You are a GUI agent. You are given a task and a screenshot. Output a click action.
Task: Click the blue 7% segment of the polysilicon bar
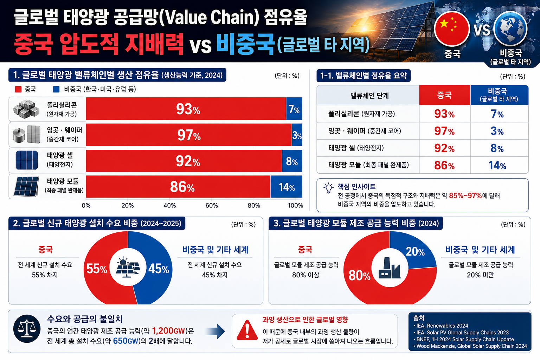click(x=294, y=109)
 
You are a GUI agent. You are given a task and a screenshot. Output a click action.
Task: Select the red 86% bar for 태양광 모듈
click(x=178, y=187)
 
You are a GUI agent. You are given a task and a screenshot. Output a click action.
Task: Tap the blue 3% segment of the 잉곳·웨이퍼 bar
click(x=297, y=135)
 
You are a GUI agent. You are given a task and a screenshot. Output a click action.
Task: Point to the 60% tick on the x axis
click(x=211, y=206)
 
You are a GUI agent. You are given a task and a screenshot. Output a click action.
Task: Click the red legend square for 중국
click(x=18, y=89)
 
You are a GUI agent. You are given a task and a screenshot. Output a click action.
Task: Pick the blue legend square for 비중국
click(x=56, y=89)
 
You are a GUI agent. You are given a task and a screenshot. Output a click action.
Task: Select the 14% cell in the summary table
click(x=497, y=166)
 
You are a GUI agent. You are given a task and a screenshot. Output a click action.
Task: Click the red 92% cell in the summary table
click(x=444, y=148)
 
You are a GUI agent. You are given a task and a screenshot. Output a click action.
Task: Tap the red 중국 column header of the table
click(x=445, y=95)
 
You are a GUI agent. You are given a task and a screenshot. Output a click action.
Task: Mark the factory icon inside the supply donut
click(x=390, y=268)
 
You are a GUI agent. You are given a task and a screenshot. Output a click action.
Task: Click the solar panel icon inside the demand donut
click(x=128, y=267)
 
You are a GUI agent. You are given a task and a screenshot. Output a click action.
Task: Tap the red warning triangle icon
click(x=247, y=330)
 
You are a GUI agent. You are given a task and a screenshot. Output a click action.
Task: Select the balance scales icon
click(x=27, y=329)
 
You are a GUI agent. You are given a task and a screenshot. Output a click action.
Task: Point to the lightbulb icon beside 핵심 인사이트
click(x=329, y=188)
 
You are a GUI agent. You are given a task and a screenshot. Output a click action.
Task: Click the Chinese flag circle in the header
click(x=452, y=29)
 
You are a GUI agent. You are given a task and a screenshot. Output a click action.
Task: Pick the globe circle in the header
click(x=510, y=28)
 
